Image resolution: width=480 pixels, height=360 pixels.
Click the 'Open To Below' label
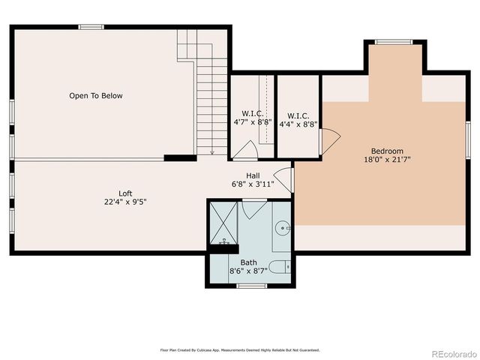pyautogui.click(x=95, y=96)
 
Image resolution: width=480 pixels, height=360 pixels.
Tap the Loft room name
pyautogui.click(x=125, y=193)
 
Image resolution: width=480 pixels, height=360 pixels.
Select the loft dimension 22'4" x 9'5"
pyautogui.click(x=125, y=202)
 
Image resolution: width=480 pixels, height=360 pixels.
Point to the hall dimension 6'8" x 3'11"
pyautogui.click(x=253, y=184)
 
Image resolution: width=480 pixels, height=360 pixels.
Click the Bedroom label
pyautogui.click(x=387, y=151)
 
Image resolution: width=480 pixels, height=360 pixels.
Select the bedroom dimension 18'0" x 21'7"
pyautogui.click(x=387, y=159)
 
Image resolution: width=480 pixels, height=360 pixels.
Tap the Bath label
pyautogui.click(x=248, y=262)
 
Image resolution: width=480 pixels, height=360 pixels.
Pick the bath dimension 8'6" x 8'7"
pyautogui.click(x=248, y=271)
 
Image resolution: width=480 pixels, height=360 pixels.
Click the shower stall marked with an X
pyautogui.click(x=223, y=223)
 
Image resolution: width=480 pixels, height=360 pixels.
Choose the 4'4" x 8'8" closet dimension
pyautogui.click(x=298, y=124)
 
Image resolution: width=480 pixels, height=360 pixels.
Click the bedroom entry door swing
pyautogui.click(x=330, y=139)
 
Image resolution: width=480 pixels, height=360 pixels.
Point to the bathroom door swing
pyautogui.click(x=253, y=208)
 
